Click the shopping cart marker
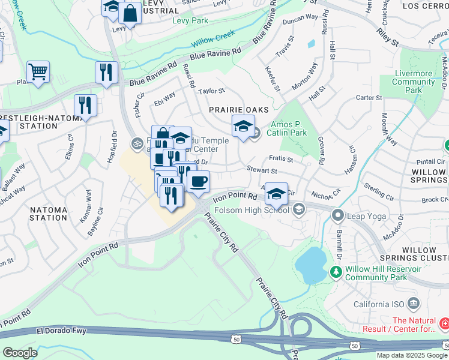[x=38, y=72]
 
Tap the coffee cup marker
[x=198, y=181]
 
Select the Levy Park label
[x=190, y=20]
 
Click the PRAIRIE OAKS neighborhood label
[x=235, y=110]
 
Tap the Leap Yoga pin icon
[x=338, y=214]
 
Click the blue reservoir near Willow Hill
[x=310, y=265]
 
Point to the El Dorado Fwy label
[x=61, y=331]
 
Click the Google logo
[x=20, y=353]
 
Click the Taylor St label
[x=211, y=91]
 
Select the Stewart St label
[x=261, y=170]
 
